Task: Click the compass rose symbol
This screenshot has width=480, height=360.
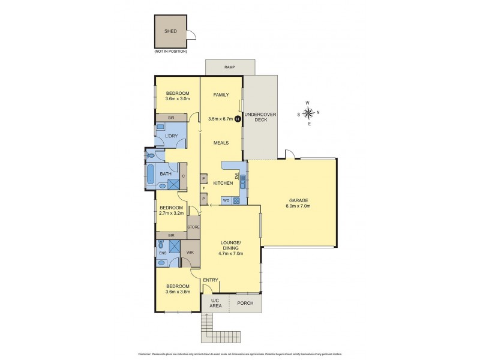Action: [x=308, y=113]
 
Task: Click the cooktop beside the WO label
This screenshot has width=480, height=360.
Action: [x=236, y=200]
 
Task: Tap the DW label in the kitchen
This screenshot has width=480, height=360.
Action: [x=237, y=176]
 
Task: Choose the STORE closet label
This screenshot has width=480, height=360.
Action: [x=193, y=227]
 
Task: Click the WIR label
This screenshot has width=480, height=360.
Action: [x=190, y=253]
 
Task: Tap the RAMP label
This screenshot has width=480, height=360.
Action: [x=230, y=67]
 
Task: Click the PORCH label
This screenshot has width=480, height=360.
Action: [x=245, y=303]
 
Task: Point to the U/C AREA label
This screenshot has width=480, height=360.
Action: [x=215, y=304]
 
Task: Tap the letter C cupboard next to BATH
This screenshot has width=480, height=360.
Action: [x=184, y=176]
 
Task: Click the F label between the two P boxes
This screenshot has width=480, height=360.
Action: [x=203, y=188]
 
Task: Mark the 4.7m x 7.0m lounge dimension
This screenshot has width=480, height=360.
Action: [x=230, y=253]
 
